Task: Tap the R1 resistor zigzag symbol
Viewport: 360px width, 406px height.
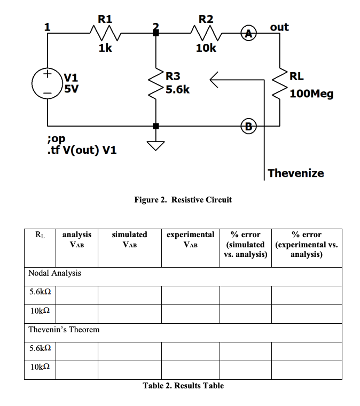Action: pos(105,35)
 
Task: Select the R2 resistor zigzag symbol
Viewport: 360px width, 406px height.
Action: pos(206,35)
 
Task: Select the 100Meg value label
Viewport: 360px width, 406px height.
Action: pos(312,95)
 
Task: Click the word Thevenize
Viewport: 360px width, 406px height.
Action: pos(295,173)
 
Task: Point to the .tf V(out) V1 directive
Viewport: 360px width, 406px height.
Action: pos(81,150)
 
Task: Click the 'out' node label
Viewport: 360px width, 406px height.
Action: pos(279,26)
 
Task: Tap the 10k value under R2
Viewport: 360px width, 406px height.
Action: pos(206,49)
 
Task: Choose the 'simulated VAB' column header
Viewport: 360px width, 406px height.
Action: pos(129,239)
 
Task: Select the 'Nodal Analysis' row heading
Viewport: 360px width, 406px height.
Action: pos(54,273)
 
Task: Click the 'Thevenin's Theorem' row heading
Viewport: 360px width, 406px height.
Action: pos(64,330)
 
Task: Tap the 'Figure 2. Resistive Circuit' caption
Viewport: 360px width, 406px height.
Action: pos(183,200)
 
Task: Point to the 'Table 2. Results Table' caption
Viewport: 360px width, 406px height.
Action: pos(183,386)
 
